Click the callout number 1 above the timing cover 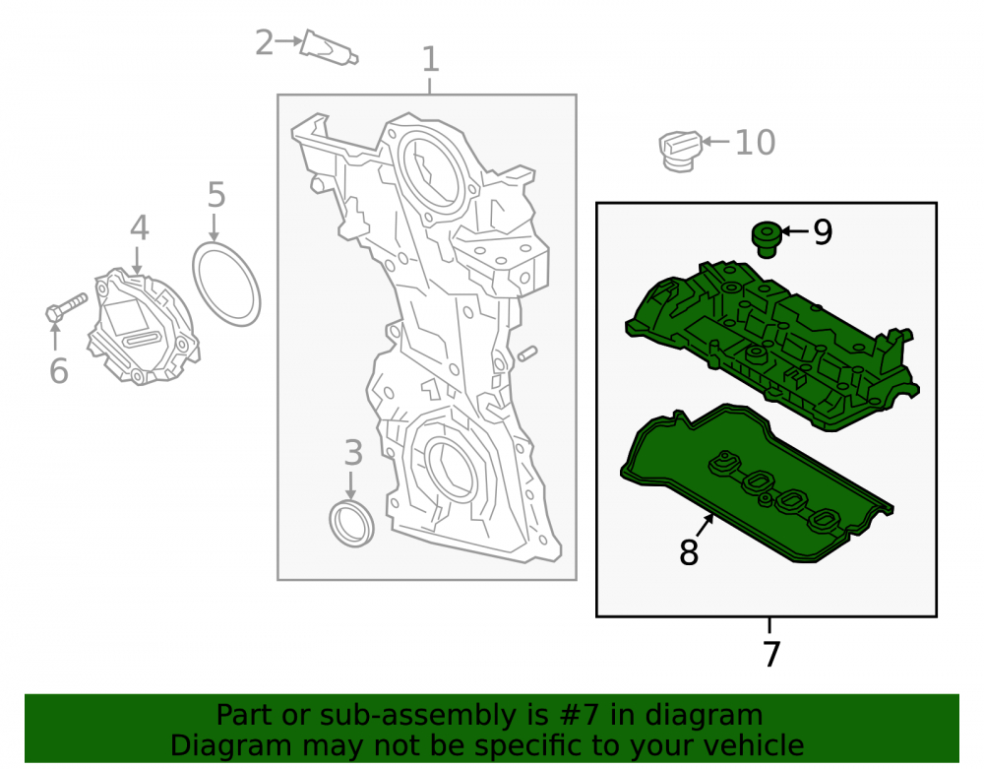(431, 60)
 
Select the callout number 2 (264, 42)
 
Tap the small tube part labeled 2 (329, 47)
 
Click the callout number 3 (353, 452)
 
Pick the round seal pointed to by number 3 (351, 524)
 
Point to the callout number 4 (140, 227)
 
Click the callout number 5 (215, 195)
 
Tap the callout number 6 (58, 370)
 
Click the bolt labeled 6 (67, 307)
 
